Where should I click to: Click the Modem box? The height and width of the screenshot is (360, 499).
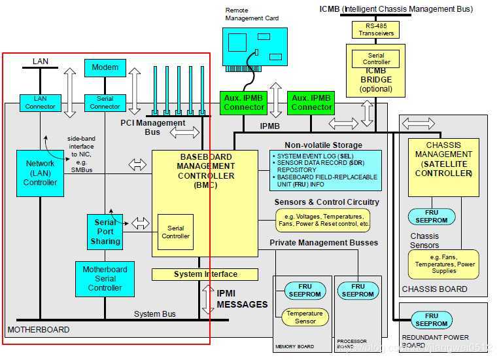coord(105,67)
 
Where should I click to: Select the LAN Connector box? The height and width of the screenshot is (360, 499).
coord(40,102)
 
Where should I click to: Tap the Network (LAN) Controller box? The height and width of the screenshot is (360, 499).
coord(41,173)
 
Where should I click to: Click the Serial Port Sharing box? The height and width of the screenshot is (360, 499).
coord(105,232)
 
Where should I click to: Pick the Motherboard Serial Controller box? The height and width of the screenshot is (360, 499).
coord(105,278)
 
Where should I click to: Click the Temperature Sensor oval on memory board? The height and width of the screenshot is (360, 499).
coord(305,317)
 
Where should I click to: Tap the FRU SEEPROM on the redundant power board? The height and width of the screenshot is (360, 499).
coord(431,320)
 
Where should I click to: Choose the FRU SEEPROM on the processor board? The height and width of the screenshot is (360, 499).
coord(357,291)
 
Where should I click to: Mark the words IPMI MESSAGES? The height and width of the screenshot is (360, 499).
coord(242,298)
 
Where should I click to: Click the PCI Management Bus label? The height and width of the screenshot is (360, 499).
coord(152,128)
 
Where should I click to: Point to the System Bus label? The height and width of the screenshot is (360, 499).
coord(155,314)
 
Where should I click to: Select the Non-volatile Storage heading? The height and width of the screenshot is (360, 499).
coord(323,145)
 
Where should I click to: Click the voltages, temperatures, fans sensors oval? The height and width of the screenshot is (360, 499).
coord(323,220)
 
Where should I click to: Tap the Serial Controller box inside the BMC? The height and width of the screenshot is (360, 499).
coord(175,232)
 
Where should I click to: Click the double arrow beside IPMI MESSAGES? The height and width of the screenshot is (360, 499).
coord(207,298)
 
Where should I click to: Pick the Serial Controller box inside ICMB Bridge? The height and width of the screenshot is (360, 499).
coord(376,59)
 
